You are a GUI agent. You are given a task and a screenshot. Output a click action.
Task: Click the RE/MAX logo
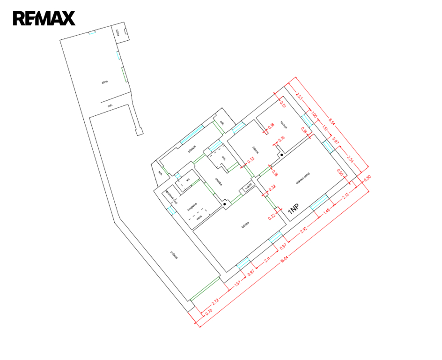[x=44, y=18]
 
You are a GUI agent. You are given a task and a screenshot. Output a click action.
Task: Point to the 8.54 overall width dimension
[x=331, y=122]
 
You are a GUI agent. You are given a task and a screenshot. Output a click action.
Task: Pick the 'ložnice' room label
[x=245, y=225]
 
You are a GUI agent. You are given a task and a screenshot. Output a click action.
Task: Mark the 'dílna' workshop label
[x=105, y=82]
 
